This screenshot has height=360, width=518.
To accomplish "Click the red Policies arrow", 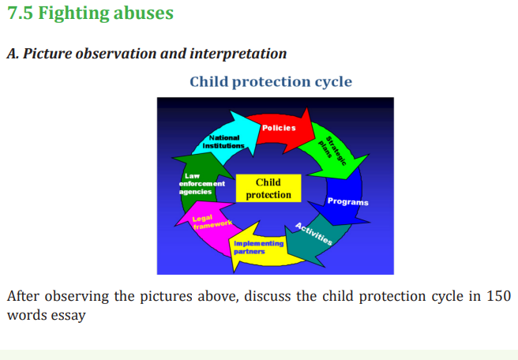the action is (x=281, y=129).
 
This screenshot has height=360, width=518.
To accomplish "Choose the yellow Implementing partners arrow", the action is (x=261, y=248).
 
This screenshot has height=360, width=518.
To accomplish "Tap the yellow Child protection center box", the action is (x=268, y=188).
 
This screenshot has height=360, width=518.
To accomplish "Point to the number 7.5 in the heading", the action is (x=20, y=13).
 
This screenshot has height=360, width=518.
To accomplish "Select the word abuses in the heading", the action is (x=144, y=13).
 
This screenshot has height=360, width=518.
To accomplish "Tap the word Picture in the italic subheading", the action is (x=47, y=54).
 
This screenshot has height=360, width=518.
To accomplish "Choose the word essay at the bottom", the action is (x=68, y=316).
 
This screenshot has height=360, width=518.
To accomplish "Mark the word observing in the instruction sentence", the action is (x=77, y=296).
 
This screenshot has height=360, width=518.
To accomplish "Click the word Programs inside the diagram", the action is (x=348, y=202).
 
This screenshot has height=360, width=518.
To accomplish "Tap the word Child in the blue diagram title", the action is (x=208, y=81).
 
